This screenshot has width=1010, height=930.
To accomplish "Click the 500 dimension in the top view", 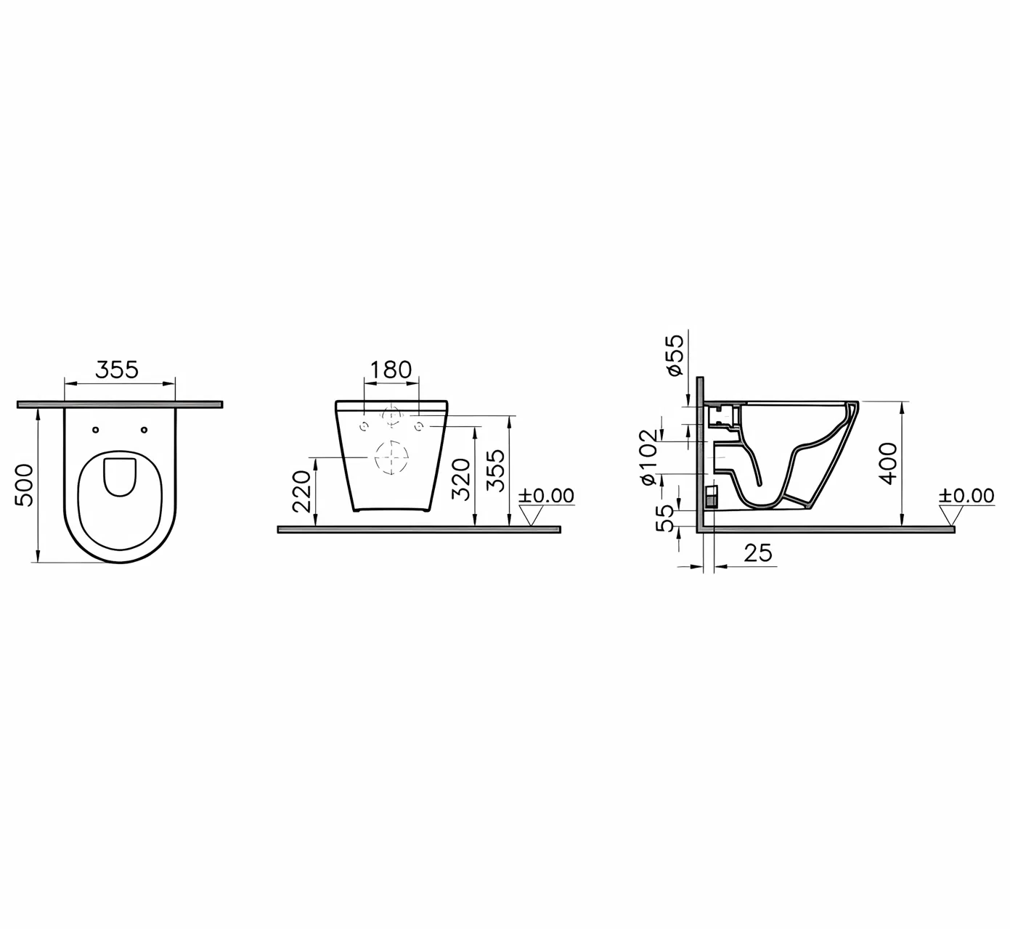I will click(24, 484).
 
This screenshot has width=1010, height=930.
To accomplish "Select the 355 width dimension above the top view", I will click(117, 370).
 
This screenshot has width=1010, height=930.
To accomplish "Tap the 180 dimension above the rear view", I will click(391, 370).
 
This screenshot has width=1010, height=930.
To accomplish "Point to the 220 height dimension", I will click(301, 491).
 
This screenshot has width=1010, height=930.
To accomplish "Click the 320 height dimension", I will click(462, 479).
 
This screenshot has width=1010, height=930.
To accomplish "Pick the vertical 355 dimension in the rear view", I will click(497, 470).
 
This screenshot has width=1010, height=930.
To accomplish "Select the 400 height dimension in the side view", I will click(888, 463).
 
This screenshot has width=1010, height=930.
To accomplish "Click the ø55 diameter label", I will click(675, 354).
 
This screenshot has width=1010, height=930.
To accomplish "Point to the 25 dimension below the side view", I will click(758, 553).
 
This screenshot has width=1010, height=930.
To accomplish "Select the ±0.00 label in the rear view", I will click(546, 496).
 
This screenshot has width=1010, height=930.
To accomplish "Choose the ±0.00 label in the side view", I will click(966, 496).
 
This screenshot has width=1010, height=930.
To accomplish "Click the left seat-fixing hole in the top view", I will click(96, 430).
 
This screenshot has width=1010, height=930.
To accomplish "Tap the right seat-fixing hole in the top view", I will click(144, 430).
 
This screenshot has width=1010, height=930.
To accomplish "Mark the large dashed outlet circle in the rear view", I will click(391, 457).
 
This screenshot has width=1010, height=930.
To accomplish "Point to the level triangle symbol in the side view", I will click(951, 515).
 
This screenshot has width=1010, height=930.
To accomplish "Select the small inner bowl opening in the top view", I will click(120, 477).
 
